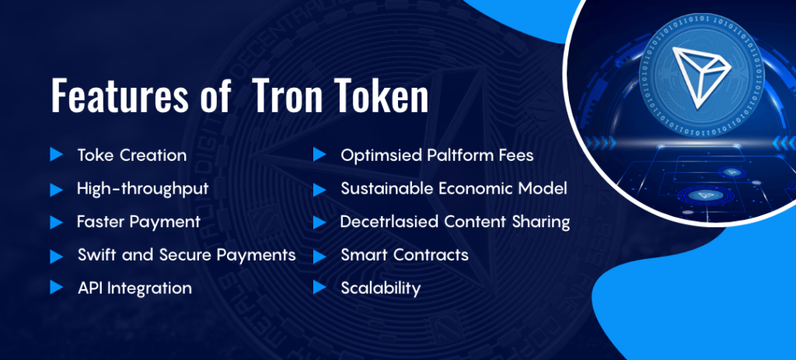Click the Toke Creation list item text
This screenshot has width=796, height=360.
tap(131, 155)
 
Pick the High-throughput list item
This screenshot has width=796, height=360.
tap(142, 188)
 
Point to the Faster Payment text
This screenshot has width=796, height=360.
tap(138, 222)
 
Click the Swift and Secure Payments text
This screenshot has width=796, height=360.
tap(187, 254)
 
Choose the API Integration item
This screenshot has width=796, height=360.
tap(134, 288)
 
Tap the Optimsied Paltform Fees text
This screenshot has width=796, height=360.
tap(437, 155)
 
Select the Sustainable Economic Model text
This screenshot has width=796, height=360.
tap(454, 188)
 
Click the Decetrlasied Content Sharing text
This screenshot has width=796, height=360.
tap(455, 222)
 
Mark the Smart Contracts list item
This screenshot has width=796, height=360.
tap(404, 254)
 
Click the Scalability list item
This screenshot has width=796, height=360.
tap(380, 288)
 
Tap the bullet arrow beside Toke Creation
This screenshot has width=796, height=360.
tap(55, 155)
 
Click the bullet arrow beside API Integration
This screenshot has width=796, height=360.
tap(55, 288)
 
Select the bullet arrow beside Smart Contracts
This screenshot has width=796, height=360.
tap(319, 254)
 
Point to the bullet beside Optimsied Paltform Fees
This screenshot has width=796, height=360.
tap(319, 155)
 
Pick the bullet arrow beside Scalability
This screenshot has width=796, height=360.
tap(319, 288)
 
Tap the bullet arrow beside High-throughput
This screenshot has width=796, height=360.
tap(55, 188)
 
